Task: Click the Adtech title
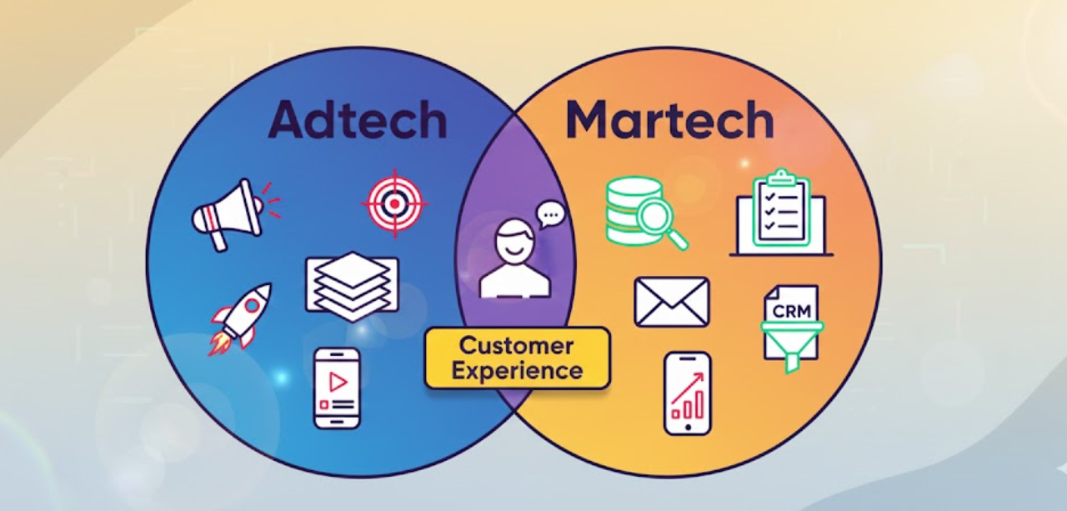pyautogui.click(x=357, y=120)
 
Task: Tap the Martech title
pyautogui.click(x=669, y=120)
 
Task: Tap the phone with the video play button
pyautogui.click(x=337, y=388)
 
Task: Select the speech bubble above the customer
pyautogui.click(x=550, y=216)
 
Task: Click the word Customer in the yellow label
pyautogui.click(x=517, y=345)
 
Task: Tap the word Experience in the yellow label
pyautogui.click(x=517, y=370)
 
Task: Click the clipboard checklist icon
pyautogui.click(x=781, y=212)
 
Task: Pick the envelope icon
pyautogui.click(x=671, y=302)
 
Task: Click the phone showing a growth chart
pyautogui.click(x=687, y=393)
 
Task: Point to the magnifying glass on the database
pyautogui.click(x=661, y=223)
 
